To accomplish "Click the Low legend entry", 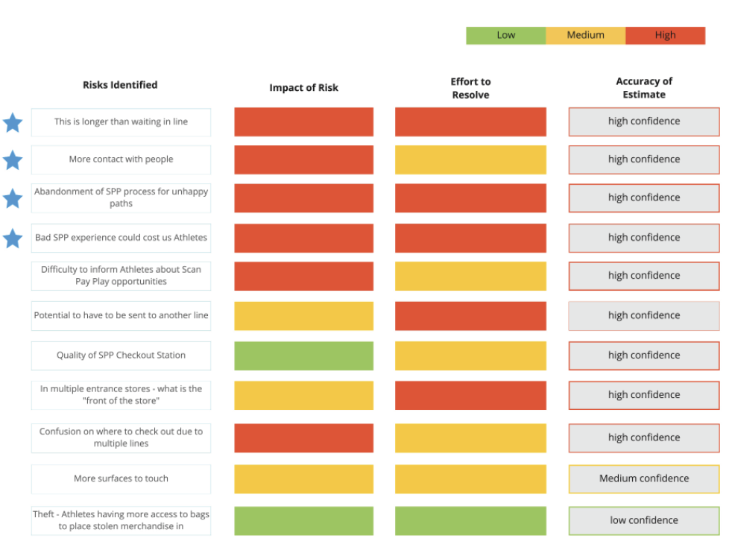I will pyautogui.click(x=505, y=35).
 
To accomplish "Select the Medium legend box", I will pyautogui.click(x=585, y=35).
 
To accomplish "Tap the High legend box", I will pyautogui.click(x=665, y=35).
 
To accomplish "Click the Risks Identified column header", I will pyautogui.click(x=120, y=85).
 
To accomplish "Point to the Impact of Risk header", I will pyautogui.click(x=303, y=88).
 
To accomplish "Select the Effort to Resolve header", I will pyautogui.click(x=470, y=88).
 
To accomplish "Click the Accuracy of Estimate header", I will pyautogui.click(x=644, y=88).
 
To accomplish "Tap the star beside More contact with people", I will pyautogui.click(x=13, y=159).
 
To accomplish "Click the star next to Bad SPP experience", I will pyautogui.click(x=13, y=238).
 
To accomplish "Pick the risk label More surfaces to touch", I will pyautogui.click(x=121, y=478).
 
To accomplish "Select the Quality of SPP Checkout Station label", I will pyautogui.click(x=121, y=356).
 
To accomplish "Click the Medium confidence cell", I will pyautogui.click(x=644, y=478).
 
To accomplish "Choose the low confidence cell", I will pyautogui.click(x=644, y=520).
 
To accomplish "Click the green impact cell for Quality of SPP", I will pyautogui.click(x=303, y=356).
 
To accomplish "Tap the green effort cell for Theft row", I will pyautogui.click(x=470, y=520).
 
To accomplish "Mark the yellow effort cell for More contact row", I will pyautogui.click(x=470, y=159).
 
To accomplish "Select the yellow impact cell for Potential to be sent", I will pyautogui.click(x=303, y=315).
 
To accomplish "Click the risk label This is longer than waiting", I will pyautogui.click(x=121, y=122).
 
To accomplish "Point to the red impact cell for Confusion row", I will pyautogui.click(x=303, y=437).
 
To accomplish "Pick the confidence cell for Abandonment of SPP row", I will pyautogui.click(x=644, y=198).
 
